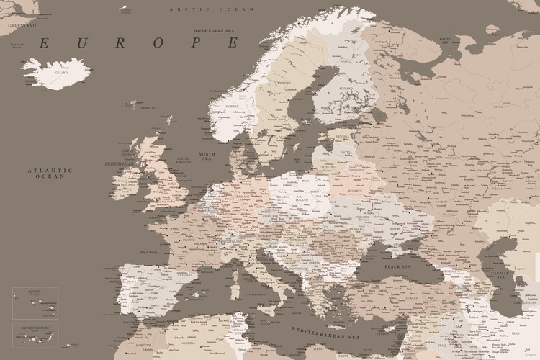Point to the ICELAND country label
[60, 72]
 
